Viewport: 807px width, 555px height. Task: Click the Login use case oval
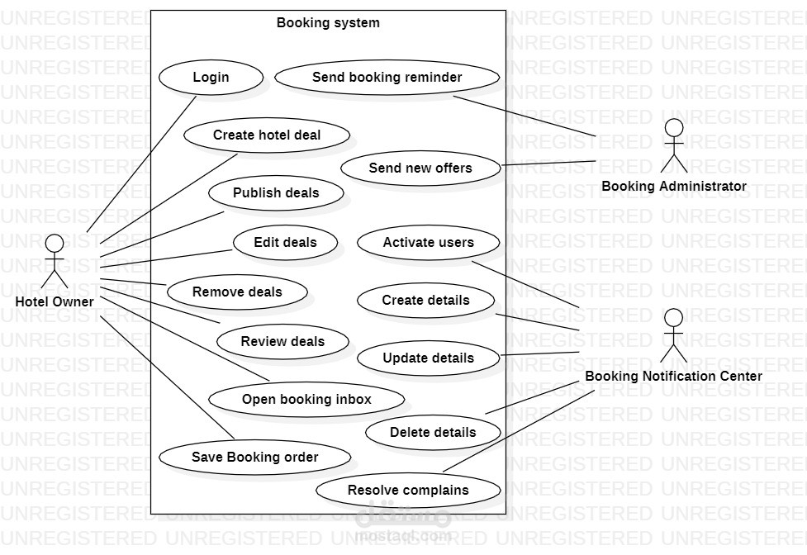click(211, 78)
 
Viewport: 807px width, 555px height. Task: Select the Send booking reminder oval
click(387, 78)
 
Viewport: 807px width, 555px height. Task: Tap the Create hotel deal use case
click(267, 135)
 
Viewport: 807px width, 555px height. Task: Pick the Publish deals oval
click(276, 193)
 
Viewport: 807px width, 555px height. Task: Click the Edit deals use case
click(285, 243)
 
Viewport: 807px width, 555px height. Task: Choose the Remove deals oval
click(237, 292)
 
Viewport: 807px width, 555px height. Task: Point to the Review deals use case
click(282, 342)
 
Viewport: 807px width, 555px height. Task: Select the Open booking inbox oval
click(306, 400)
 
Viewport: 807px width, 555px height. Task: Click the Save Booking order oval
click(254, 457)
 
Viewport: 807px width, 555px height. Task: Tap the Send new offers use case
click(420, 168)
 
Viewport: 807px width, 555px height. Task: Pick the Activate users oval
click(428, 243)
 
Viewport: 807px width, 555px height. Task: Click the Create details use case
click(425, 301)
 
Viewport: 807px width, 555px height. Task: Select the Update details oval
click(428, 358)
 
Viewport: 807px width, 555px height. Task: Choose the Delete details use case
click(433, 432)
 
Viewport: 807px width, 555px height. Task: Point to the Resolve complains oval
click(408, 490)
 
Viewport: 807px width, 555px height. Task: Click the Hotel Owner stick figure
click(55, 260)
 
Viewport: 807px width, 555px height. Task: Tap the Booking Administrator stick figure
click(674, 145)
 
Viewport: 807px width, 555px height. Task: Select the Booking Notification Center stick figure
click(674, 335)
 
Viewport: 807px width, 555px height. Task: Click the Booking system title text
click(328, 23)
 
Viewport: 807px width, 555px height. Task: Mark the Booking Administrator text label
click(674, 187)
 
